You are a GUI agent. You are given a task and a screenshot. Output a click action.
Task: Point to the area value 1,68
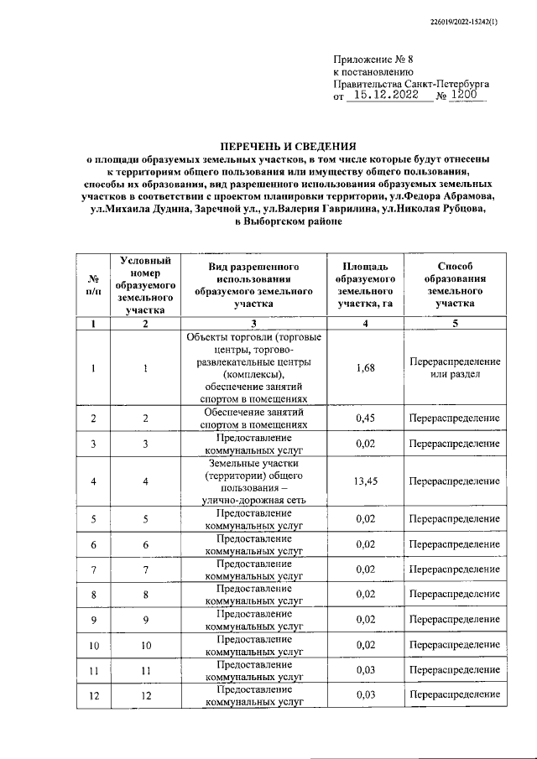[365, 367]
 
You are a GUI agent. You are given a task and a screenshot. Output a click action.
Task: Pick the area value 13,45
[365, 481]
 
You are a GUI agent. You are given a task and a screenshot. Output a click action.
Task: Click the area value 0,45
[365, 418]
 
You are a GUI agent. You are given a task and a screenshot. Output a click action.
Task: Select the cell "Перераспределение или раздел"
[455, 367]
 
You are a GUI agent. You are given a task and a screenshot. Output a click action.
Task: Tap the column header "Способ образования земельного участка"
[455, 284]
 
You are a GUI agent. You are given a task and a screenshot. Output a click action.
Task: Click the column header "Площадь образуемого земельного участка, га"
[365, 284]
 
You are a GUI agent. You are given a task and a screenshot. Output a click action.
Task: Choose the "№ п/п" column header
[93, 284]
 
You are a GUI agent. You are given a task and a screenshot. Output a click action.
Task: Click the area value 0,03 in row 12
[365, 695]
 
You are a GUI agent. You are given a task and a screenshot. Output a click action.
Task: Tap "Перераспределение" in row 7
[455, 569]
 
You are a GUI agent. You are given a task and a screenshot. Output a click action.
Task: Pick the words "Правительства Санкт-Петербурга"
[411, 85]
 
